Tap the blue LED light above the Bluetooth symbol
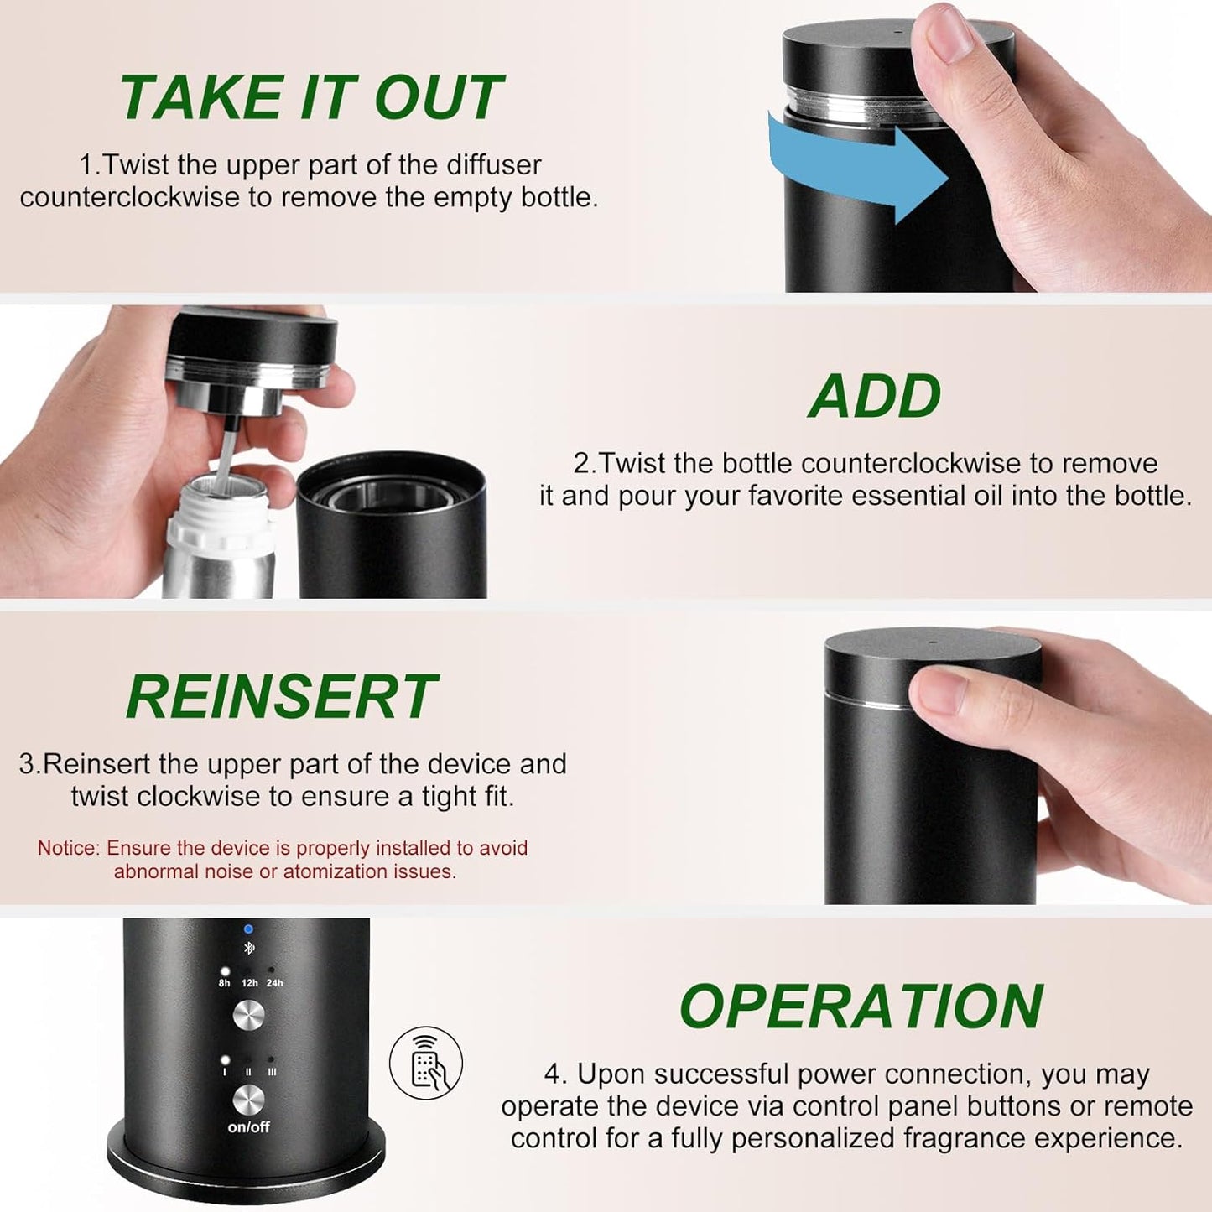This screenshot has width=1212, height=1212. [x=248, y=929]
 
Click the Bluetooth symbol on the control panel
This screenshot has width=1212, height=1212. [x=248, y=949]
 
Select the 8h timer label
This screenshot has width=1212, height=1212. [x=224, y=983]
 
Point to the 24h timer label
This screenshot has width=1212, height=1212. [x=274, y=983]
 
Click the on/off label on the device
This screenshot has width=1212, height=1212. [x=248, y=1127]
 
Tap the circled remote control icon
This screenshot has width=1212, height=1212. [x=426, y=1063]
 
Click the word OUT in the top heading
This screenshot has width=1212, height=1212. [x=438, y=98]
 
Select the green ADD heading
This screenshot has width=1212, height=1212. [x=874, y=396]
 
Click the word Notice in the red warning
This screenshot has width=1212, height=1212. [x=68, y=848]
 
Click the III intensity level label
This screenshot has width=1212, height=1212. [x=272, y=1071]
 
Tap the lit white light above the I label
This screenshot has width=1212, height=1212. [x=224, y=1060]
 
